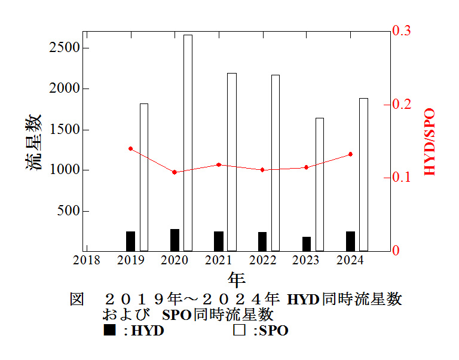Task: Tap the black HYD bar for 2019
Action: pos(130,241)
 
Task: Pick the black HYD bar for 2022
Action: pos(262,241)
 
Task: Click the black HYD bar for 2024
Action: pos(350,241)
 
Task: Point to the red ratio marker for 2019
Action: pos(130,148)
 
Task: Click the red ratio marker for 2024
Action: pos(350,154)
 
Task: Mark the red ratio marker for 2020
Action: pos(175,172)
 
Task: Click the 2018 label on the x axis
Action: pos(87,260)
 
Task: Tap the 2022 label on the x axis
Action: pos(262,260)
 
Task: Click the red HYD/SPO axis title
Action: pos(429,142)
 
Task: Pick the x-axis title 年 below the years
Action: pos(236,279)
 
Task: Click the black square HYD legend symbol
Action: pos(109,330)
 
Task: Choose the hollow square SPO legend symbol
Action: pos(239,330)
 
